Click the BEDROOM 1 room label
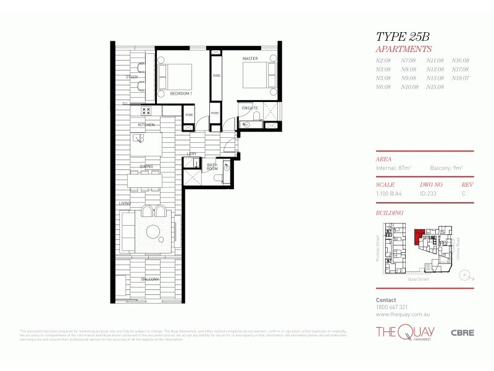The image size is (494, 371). (x=182, y=93)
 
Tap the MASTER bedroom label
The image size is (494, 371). (x=249, y=59)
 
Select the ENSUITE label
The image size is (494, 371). (x=249, y=108)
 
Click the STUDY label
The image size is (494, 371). (x=132, y=77)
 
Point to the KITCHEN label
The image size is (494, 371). (x=146, y=125)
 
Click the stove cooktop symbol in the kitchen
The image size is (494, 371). (x=146, y=111)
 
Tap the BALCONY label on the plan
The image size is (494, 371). (x=149, y=279)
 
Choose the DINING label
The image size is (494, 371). (x=146, y=166)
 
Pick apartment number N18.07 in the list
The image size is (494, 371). (x=460, y=78)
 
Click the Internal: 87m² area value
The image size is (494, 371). (x=393, y=168)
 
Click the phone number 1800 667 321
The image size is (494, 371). (x=391, y=307)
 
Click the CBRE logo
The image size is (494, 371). (x=462, y=332)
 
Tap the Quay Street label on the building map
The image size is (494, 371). (x=417, y=278)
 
